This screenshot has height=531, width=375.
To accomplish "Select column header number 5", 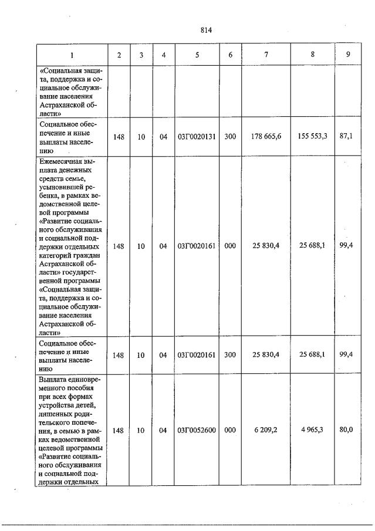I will (x=197, y=55).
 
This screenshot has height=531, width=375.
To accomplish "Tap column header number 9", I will (x=349, y=55).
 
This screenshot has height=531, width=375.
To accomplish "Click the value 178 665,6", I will (x=267, y=137).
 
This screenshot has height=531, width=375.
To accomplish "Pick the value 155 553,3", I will (x=313, y=136).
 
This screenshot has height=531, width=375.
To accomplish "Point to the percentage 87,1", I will (x=346, y=136).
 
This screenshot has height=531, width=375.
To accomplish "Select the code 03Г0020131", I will (x=197, y=137).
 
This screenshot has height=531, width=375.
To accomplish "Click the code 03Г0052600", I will (x=197, y=430).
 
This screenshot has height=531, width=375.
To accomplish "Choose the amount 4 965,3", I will (x=312, y=430).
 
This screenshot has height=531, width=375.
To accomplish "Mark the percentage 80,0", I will (x=346, y=430).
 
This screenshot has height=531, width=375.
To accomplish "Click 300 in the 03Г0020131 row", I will (x=230, y=137).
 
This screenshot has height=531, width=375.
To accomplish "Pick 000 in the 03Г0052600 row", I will (x=230, y=430).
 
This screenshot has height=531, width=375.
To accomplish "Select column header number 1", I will (x=72, y=55).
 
